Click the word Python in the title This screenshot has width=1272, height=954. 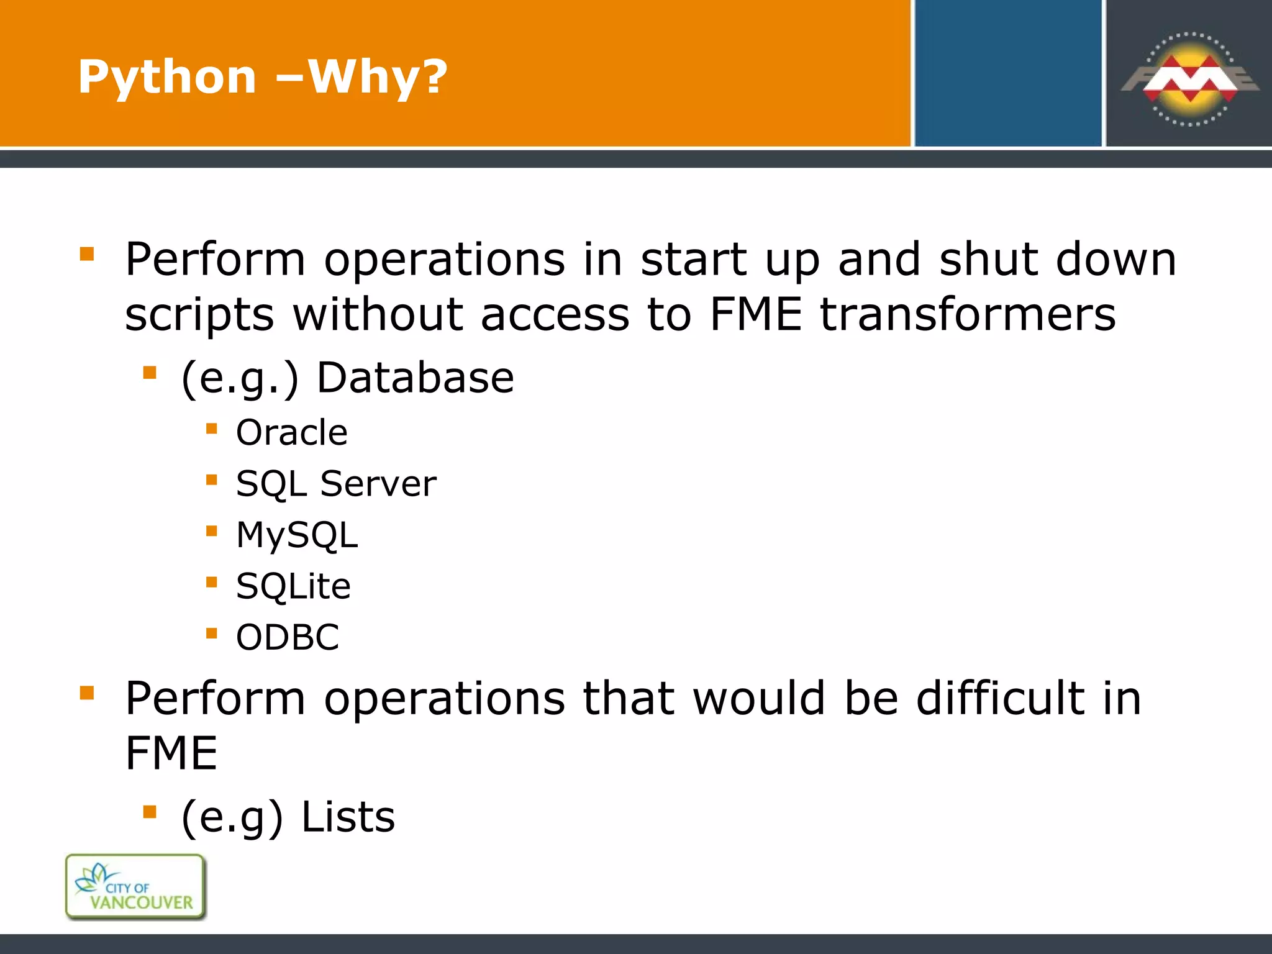[x=167, y=77]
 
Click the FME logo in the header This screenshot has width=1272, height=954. [x=1189, y=79]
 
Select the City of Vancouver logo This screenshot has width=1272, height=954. [x=135, y=886]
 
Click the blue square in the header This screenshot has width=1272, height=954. [x=1007, y=73]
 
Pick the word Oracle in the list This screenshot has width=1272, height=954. [x=291, y=432]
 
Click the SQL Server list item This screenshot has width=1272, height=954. [x=336, y=483]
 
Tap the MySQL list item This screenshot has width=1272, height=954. [x=297, y=535]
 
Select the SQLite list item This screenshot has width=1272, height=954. [x=293, y=586]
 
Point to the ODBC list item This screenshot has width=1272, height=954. [x=288, y=637]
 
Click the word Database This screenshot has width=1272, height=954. [x=415, y=378]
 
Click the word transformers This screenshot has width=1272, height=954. [x=967, y=314]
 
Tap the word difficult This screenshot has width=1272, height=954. [x=1001, y=698]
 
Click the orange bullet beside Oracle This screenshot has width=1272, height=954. [x=212, y=429]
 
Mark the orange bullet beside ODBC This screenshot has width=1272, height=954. [x=212, y=634]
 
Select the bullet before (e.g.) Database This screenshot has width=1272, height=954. [x=150, y=373]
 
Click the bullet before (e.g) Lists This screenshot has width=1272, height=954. [x=150, y=812]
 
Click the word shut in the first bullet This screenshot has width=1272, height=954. [x=989, y=259]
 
